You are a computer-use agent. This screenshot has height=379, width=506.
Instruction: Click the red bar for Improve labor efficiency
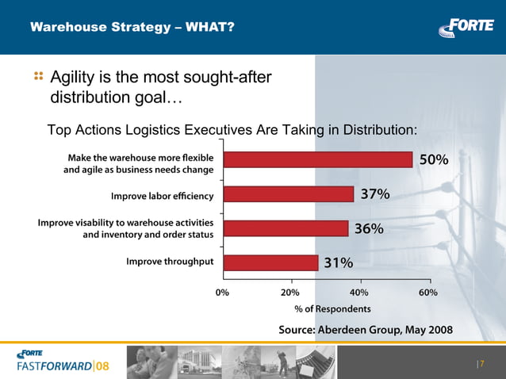(x=288, y=194)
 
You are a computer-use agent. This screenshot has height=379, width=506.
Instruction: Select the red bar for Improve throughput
(x=270, y=262)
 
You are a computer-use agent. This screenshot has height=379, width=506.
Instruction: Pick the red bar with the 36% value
(x=286, y=228)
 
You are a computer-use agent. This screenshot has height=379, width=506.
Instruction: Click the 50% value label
(x=434, y=160)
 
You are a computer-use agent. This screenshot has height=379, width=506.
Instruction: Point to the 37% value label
(x=374, y=194)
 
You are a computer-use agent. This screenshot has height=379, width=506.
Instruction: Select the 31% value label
(x=338, y=262)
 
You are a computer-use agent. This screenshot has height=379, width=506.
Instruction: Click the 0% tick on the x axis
(x=223, y=293)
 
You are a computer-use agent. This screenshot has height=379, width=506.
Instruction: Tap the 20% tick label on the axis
(x=290, y=293)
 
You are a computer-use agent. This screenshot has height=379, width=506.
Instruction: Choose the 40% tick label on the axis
(x=359, y=293)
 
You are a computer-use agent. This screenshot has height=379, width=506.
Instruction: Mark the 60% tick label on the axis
(x=428, y=293)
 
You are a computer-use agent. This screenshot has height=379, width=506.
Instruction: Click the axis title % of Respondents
(x=332, y=308)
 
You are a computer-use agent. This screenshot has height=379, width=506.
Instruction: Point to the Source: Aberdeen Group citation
(x=366, y=329)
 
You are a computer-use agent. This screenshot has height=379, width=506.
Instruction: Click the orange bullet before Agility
(x=38, y=77)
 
